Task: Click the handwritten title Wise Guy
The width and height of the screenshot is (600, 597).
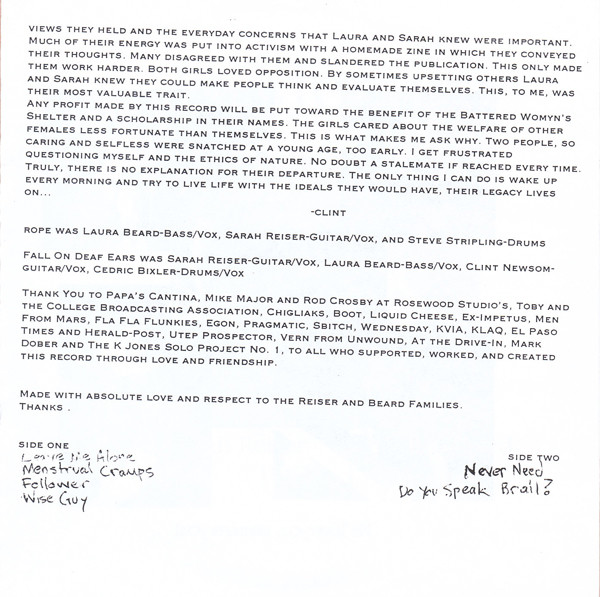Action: (51, 502)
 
